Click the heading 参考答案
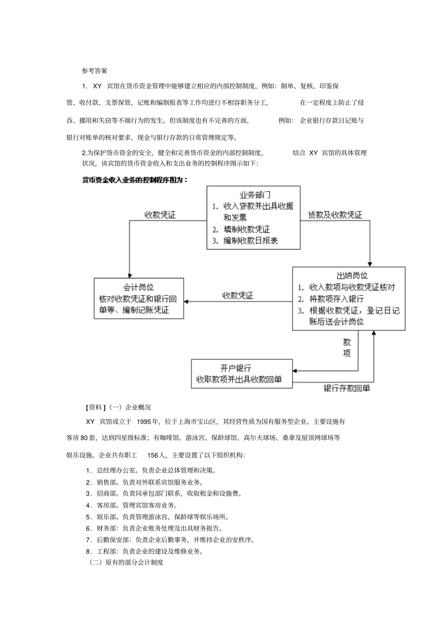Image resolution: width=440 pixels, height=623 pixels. pos(94,71)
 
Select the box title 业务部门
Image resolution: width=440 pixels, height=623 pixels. pos(254,195)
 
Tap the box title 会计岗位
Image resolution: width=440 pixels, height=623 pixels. pos(138,287)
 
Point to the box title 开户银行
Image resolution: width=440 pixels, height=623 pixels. pos(236,368)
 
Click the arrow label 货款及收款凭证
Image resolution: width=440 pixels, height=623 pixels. pos(335,215)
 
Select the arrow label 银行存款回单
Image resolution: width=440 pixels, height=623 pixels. pos(346,388)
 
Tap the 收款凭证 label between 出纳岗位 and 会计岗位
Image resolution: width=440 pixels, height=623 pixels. pos(238,296)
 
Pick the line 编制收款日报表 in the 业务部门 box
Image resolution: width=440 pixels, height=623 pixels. pos(250,240)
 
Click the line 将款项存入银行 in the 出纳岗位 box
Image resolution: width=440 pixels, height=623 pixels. pos(336,299)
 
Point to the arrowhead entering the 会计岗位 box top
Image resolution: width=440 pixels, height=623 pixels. pos(130,275)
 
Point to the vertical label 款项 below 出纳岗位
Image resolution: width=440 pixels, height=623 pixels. pos(347,348)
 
